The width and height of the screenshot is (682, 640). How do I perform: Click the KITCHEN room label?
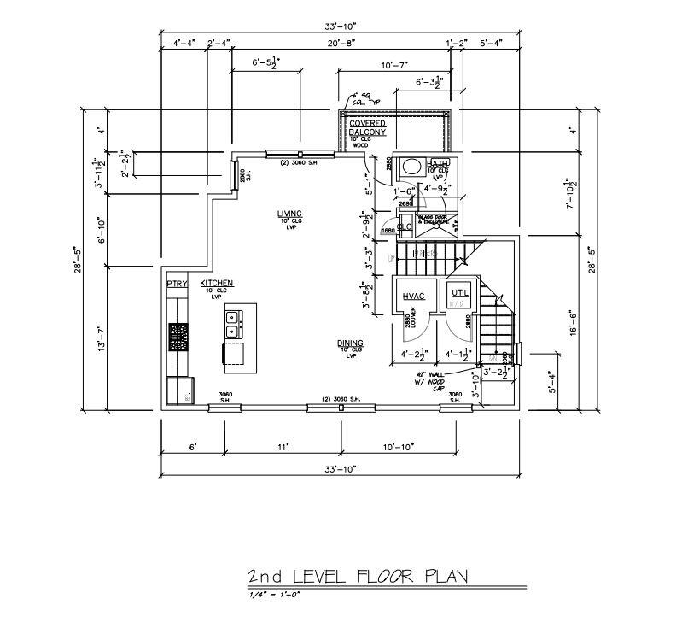(x=217, y=284)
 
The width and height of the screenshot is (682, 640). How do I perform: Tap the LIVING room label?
(x=289, y=214)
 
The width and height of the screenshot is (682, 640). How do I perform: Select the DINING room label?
(x=350, y=343)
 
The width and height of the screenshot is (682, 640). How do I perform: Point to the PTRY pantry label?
(x=177, y=284)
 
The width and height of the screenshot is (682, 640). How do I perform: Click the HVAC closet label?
(x=413, y=296)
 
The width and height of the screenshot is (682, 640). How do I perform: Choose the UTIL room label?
(x=460, y=293)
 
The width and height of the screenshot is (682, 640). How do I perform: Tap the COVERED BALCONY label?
(x=367, y=128)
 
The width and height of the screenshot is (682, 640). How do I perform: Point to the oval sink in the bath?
(x=410, y=167)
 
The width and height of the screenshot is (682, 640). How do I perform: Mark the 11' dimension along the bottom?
(x=283, y=447)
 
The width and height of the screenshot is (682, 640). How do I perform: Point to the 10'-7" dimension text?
(x=394, y=65)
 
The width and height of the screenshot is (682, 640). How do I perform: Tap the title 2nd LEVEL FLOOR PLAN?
(x=358, y=577)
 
